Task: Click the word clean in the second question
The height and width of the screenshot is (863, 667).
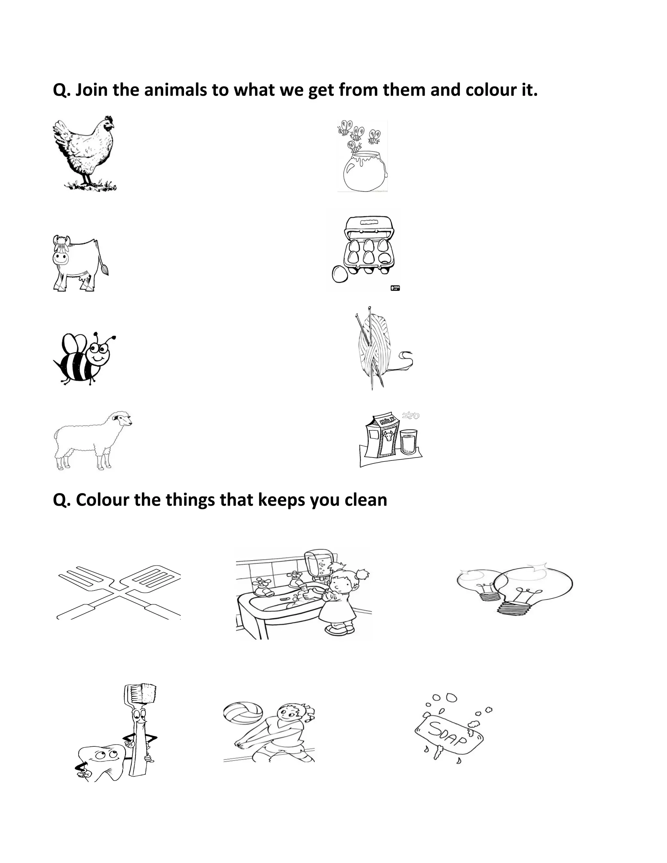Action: click(365, 500)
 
